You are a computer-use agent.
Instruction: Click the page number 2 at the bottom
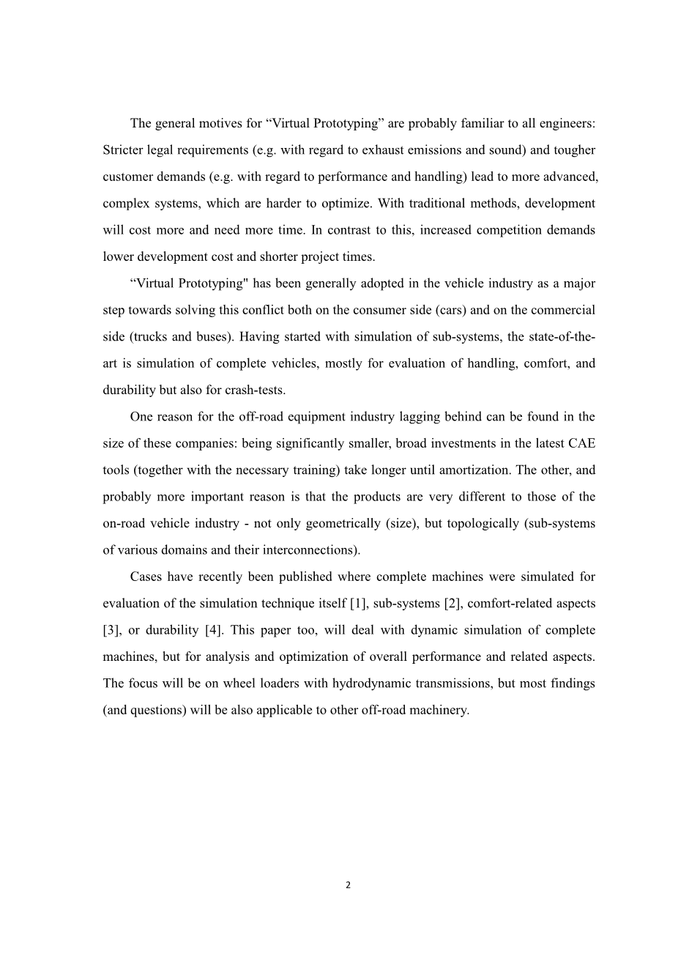(348, 885)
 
